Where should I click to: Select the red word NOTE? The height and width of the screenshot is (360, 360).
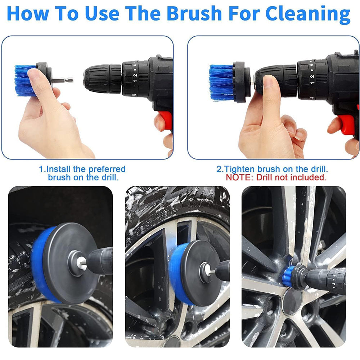238,177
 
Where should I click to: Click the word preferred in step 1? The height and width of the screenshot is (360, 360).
108,169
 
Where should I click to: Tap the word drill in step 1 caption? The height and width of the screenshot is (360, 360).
108,177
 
